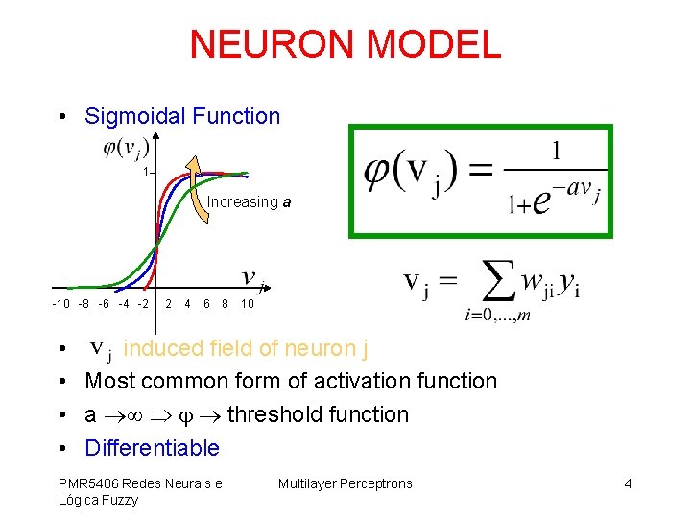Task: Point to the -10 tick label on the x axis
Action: click(60, 305)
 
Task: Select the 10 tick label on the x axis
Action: click(247, 305)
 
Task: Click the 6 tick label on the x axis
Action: click(206, 305)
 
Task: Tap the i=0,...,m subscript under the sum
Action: click(497, 316)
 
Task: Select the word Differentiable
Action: click(152, 448)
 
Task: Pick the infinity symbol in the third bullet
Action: click(131, 415)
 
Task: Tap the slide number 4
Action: click(628, 483)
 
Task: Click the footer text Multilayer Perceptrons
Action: click(345, 483)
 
